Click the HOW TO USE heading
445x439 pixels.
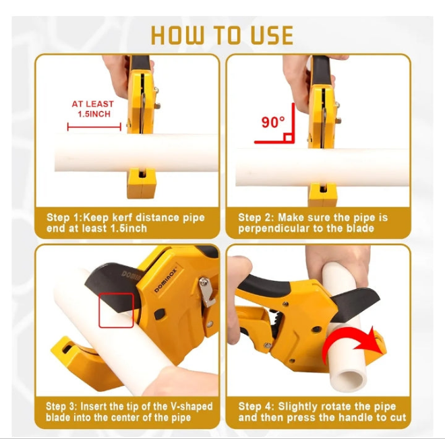coord(222,36)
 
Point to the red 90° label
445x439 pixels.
coord(273,123)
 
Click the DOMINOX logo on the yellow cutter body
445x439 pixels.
coord(165,280)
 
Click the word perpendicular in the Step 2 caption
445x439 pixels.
coord(272,229)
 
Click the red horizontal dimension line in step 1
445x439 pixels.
coord(94,127)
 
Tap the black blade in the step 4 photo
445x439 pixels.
coord(355,303)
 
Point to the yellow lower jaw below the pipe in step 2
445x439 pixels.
coord(322,195)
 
